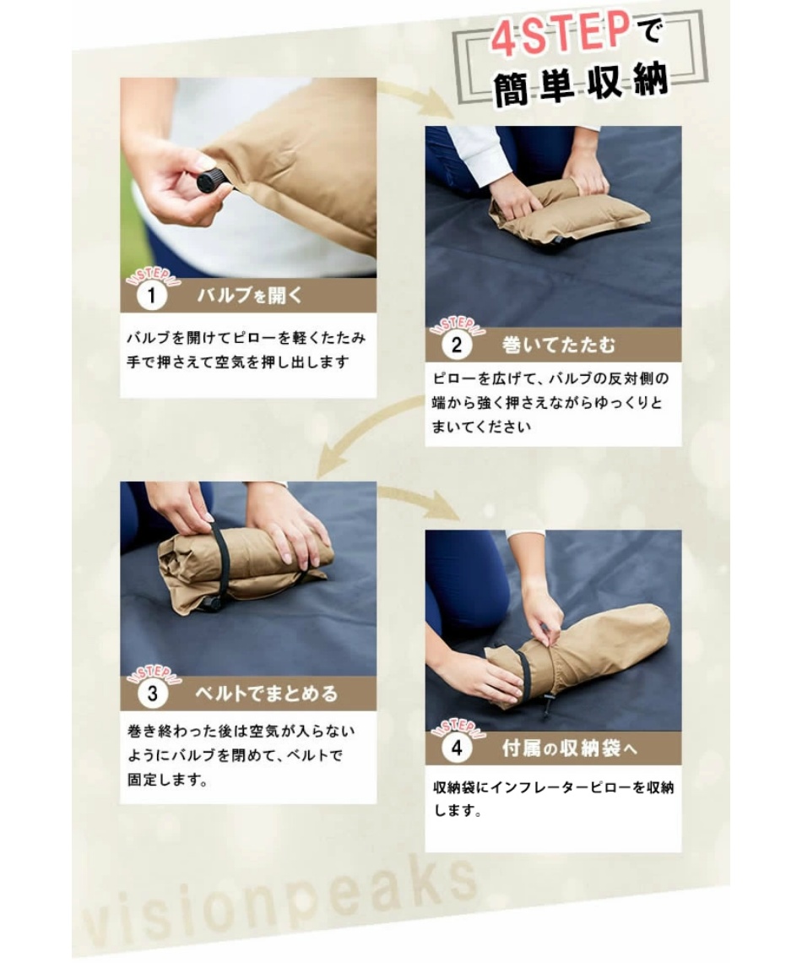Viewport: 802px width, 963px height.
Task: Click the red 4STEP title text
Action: pos(561,34)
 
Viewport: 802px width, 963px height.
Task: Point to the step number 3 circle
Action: pos(152,694)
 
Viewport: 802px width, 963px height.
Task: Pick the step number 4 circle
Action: pos(457,749)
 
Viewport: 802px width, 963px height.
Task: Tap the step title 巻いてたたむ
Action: pos(558,345)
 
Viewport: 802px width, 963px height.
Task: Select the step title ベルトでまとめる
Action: pos(267,694)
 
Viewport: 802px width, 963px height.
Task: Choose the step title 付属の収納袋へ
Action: pos(570,749)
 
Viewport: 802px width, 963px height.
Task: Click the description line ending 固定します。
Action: pos(167,781)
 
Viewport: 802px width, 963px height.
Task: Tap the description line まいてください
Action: pos(481,427)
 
